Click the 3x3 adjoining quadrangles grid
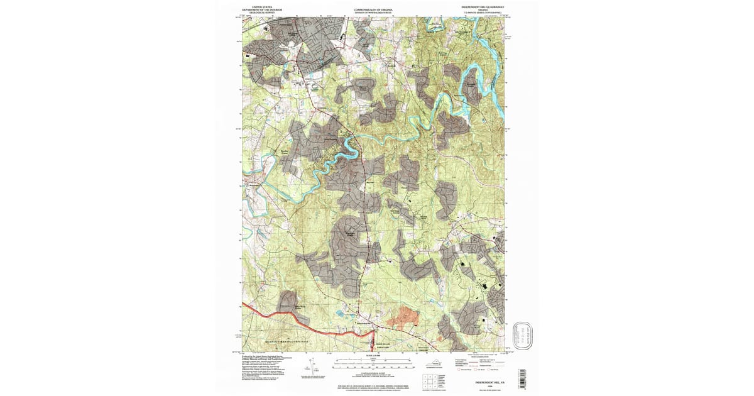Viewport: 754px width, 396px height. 431,380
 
